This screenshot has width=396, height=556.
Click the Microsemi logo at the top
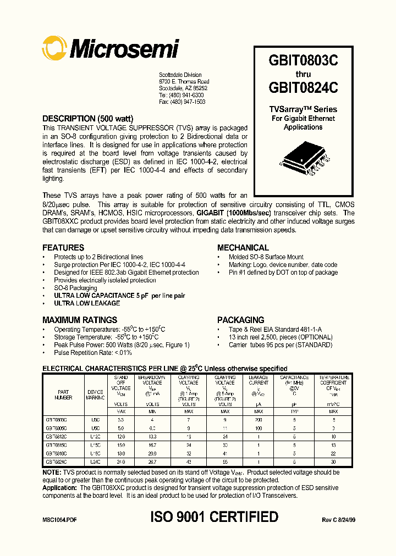coord(111,49)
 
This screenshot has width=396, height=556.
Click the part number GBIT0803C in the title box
coord(303,61)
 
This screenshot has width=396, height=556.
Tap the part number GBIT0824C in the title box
coord(303,87)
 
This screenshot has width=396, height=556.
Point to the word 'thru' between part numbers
coord(303,74)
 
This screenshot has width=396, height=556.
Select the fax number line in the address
coord(182,102)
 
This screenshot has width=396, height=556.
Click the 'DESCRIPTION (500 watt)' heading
coord(87,119)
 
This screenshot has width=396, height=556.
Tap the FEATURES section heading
coord(63,248)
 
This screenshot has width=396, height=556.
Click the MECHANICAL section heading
coord(243,248)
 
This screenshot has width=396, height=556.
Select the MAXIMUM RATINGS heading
coord(79,320)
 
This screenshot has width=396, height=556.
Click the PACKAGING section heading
coord(240,320)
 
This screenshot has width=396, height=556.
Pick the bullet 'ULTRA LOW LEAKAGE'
coord(86,303)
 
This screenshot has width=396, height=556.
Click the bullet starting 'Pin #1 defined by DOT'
coord(283,273)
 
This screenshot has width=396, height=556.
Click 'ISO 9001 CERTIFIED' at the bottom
coord(214,517)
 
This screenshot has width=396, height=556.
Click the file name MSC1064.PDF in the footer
coord(59,519)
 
